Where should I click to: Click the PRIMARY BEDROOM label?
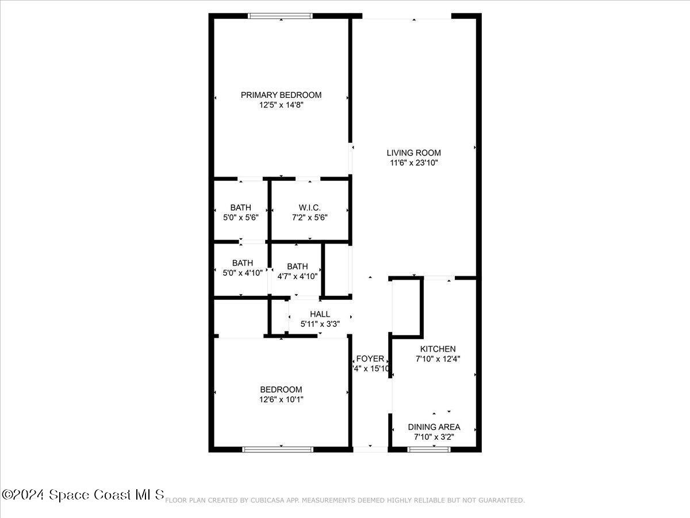(281, 95)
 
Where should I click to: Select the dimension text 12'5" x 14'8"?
(281, 105)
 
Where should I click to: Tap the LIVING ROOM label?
(413, 153)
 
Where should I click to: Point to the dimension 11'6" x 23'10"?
(413, 163)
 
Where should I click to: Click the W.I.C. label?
(309, 207)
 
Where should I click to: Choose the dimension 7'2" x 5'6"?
(309, 218)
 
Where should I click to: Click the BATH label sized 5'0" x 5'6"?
(240, 207)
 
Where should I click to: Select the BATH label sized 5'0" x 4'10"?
(242, 263)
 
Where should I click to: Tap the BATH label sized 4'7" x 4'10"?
(297, 266)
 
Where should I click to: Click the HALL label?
(320, 314)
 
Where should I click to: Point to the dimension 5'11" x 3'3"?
(320, 324)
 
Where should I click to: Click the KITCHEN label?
(438, 349)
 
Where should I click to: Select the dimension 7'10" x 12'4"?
(438, 359)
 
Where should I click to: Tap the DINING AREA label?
(434, 427)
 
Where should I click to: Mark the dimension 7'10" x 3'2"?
(434, 437)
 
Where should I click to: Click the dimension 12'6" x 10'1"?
(281, 399)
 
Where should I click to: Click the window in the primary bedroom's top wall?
(281, 16)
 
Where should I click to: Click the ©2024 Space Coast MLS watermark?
(83, 494)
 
